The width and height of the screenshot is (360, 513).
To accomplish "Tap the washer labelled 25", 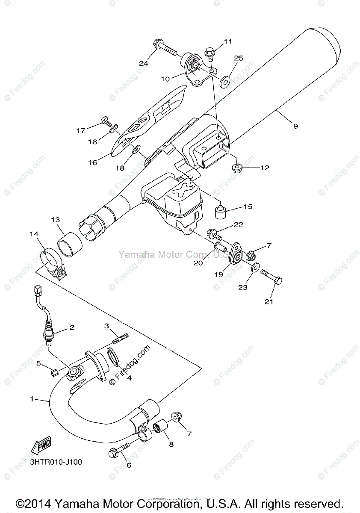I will click(225, 79).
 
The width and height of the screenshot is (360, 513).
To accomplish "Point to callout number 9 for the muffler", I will click(296, 126).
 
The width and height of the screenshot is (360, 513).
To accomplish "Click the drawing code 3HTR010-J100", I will click(56, 462).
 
